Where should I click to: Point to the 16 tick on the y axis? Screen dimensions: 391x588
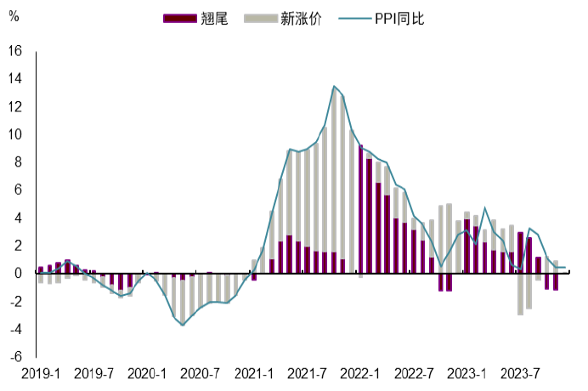(14, 51)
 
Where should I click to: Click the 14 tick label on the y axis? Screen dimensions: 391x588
(14, 79)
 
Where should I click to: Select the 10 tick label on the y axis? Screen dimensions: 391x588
(14, 134)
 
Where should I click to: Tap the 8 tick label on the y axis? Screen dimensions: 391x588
(18, 162)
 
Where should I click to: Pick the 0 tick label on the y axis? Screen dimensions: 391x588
(18, 274)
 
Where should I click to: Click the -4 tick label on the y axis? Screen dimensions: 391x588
(16, 329)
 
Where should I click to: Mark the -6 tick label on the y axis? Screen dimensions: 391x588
(16, 357)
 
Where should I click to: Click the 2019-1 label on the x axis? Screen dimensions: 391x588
(40, 374)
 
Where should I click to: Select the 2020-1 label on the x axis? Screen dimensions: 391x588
(147, 374)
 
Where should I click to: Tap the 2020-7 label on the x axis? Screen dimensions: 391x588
(201, 374)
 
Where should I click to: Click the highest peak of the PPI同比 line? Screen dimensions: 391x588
(334, 86)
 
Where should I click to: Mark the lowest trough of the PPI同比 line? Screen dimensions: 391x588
(182, 325)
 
